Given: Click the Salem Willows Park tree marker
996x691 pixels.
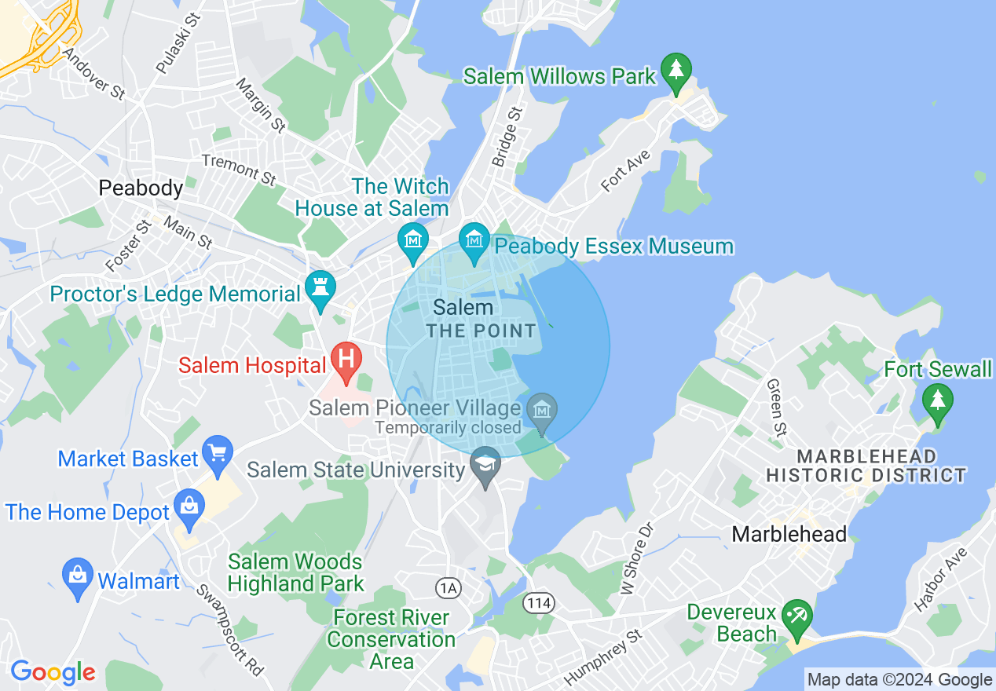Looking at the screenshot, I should (675, 71).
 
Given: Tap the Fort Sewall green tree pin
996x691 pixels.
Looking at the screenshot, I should (936, 400).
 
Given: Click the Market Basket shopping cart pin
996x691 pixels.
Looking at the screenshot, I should (218, 453).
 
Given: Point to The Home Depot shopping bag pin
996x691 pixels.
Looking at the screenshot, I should (189, 506).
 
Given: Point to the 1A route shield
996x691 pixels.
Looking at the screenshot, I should (449, 587).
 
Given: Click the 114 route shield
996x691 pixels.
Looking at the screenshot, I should (539, 603).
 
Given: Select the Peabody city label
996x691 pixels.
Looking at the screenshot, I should (141, 188).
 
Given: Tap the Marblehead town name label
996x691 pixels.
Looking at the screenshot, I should (789, 535).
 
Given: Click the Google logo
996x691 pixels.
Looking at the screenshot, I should (53, 673).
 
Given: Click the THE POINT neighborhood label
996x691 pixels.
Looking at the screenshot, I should (481, 331).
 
